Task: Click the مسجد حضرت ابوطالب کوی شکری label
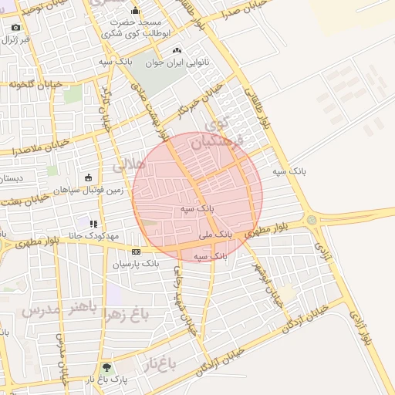[x=135, y=29]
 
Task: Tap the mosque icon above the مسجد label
[x=136, y=11]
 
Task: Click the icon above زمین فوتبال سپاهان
[x=88, y=177]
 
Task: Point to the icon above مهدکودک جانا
[x=93, y=224]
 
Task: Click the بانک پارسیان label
[x=135, y=264]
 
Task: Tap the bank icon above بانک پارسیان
[x=137, y=252]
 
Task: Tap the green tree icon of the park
[x=106, y=368]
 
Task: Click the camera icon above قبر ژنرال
[x=16, y=28]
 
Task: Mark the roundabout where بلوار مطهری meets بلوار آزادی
[x=312, y=220]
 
